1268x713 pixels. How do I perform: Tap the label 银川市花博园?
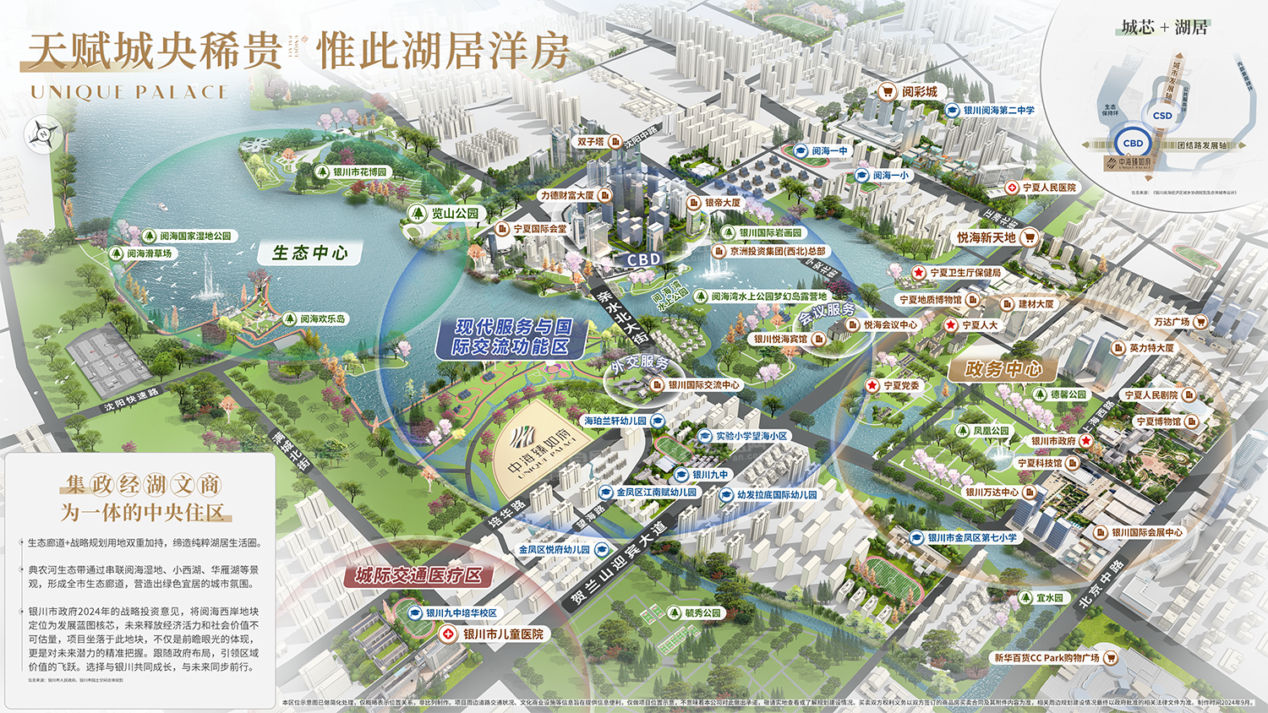pyautogui.click(x=353, y=172)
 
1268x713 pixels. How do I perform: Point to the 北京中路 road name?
pyautogui.click(x=1102, y=583)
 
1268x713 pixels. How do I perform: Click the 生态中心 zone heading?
pyautogui.click(x=310, y=253)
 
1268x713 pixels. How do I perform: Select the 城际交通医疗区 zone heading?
pyautogui.click(x=418, y=576)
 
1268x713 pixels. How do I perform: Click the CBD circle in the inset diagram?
pyautogui.click(x=1133, y=144)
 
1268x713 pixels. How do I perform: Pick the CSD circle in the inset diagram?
pyautogui.click(x=1162, y=116)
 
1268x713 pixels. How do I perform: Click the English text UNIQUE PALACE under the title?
pyautogui.click(x=128, y=92)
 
